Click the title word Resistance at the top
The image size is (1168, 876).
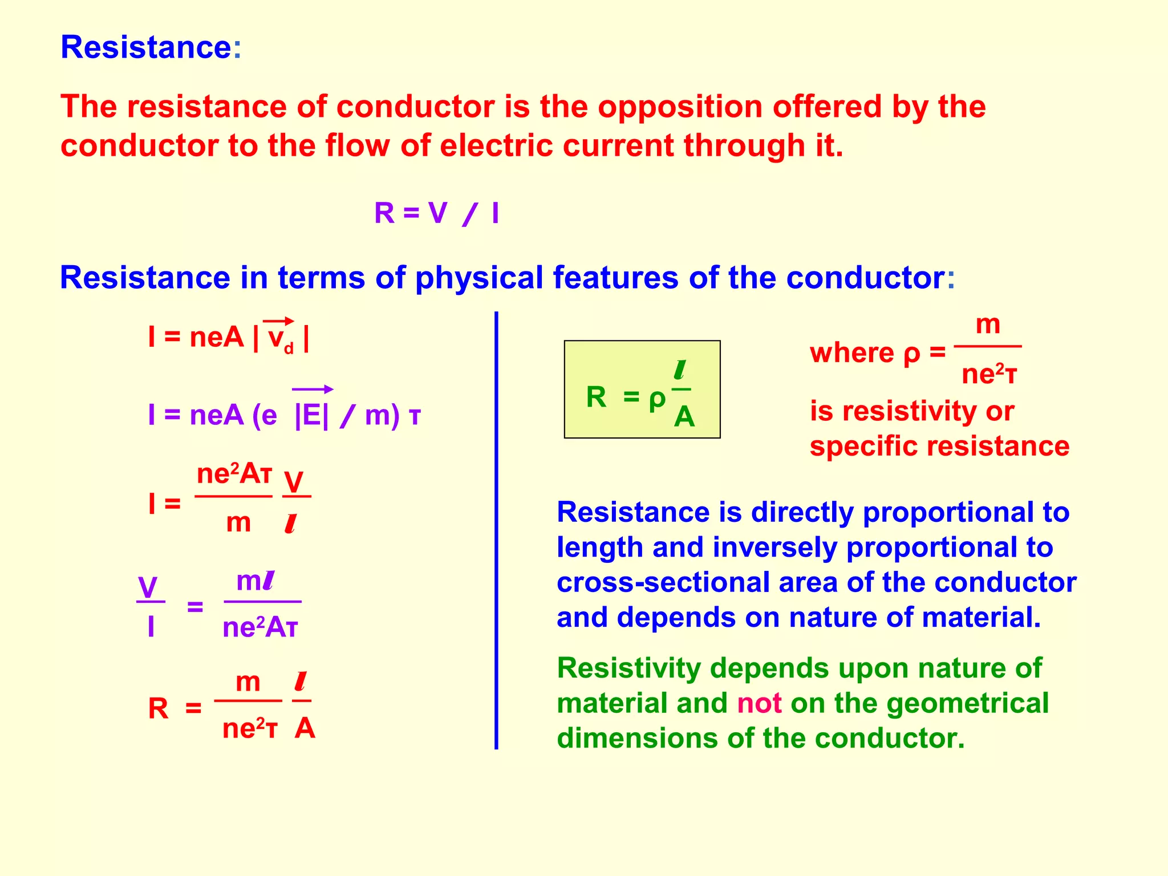pyautogui.click(x=145, y=47)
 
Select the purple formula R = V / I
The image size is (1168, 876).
pyautogui.click(x=436, y=213)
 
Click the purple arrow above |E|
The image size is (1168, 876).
pyautogui.click(x=313, y=390)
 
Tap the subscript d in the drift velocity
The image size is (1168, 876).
pyautogui.click(x=289, y=348)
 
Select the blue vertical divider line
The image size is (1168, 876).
pyautogui.click(x=496, y=530)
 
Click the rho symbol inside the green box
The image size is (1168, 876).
pyautogui.click(x=656, y=400)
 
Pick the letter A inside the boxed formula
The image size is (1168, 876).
pyautogui.click(x=684, y=417)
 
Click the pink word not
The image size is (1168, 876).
pyautogui.click(x=759, y=703)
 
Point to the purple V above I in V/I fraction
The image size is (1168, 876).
pyautogui.click(x=148, y=587)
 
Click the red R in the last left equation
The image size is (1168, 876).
pyautogui.click(x=158, y=709)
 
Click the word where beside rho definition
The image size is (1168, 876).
pyautogui.click(x=852, y=353)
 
